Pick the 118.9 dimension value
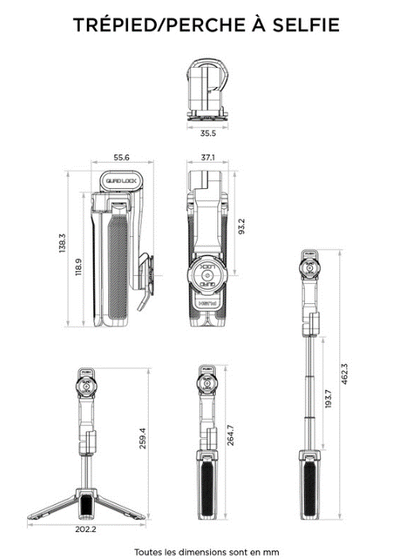(78, 265)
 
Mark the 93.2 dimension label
(242, 227)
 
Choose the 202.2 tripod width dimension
(86, 527)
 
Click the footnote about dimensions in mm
(206, 551)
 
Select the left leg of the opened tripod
(51, 503)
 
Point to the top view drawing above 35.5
(208, 93)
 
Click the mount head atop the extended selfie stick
(310, 269)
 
